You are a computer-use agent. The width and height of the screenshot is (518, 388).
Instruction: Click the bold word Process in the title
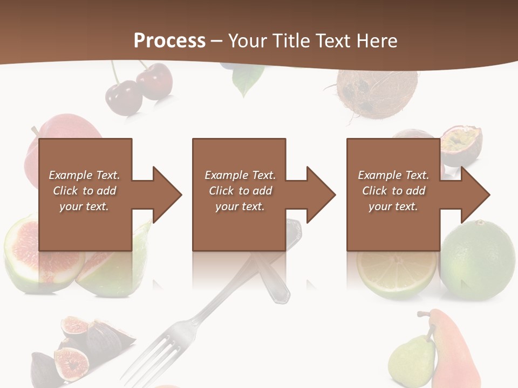pos(169,41)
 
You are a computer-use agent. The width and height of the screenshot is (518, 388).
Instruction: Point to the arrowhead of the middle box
pos(320,195)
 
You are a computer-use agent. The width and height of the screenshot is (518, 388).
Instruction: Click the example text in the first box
pos(84,191)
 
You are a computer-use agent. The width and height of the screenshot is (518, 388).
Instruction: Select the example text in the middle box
pos(240,191)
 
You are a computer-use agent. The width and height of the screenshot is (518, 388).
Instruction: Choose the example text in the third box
pos(393,191)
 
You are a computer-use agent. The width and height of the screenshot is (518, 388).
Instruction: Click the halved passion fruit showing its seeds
pos(462,143)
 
